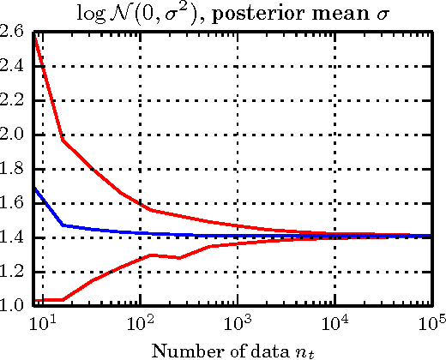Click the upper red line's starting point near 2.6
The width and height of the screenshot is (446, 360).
tap(33, 34)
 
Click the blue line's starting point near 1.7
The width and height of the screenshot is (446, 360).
tap(33, 188)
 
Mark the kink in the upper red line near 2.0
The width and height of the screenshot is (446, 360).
tap(63, 140)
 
